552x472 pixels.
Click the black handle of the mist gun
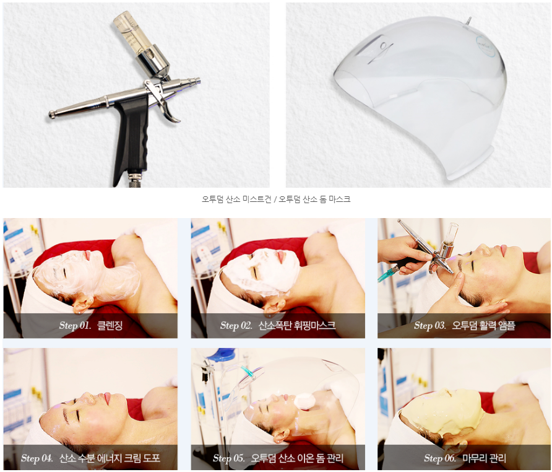click(x=131, y=138)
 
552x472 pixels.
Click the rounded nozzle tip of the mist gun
click(x=52, y=114)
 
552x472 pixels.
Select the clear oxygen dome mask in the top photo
click(x=421, y=95)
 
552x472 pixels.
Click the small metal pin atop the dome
click(x=467, y=21)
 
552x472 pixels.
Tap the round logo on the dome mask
click(x=486, y=46)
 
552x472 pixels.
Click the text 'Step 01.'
click(x=75, y=325)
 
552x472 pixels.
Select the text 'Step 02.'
click(x=236, y=325)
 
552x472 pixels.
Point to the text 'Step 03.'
click(x=430, y=325)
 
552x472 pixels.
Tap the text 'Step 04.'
click(x=37, y=458)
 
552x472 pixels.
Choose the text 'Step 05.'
click(x=228, y=458)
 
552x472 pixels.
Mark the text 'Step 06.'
click(x=440, y=458)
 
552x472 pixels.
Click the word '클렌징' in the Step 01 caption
click(x=110, y=325)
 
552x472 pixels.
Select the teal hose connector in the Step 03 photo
click(x=387, y=274)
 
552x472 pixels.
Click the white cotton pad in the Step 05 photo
click(x=303, y=401)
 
